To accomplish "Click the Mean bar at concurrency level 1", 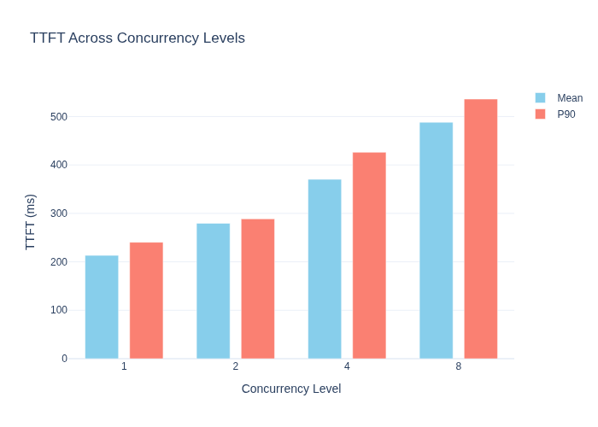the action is click(x=102, y=307).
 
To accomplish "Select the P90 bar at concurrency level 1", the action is click(x=146, y=301).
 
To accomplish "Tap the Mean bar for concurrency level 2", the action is click(x=214, y=291).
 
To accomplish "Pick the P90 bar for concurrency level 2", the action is click(x=258, y=289).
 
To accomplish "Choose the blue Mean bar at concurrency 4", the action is click(x=325, y=269).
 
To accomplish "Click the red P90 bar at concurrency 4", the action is click(x=369, y=255).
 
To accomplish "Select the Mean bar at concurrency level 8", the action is click(x=437, y=241).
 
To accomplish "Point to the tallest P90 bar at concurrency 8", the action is click(x=481, y=229).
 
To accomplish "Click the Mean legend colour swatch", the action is click(x=541, y=98).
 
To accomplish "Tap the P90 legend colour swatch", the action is click(x=541, y=114).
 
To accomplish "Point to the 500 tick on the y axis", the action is click(x=59, y=117).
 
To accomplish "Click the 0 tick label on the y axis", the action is click(x=64, y=359).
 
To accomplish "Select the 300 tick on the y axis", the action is click(x=59, y=213).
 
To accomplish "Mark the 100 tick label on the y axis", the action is click(x=59, y=310).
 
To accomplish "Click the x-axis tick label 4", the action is click(x=347, y=366).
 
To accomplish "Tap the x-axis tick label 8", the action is click(x=459, y=366).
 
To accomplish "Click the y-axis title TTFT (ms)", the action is click(x=30, y=222).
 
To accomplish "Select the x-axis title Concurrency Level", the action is click(x=291, y=389).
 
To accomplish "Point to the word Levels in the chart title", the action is click(x=224, y=38).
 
